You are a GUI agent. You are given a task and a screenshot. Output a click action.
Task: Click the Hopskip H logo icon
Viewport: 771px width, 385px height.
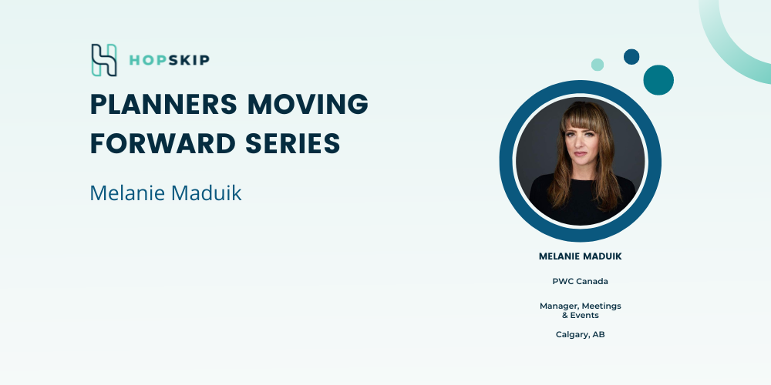point(104,60)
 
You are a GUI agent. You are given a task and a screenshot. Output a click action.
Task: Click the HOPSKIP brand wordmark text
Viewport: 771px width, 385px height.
point(169,60)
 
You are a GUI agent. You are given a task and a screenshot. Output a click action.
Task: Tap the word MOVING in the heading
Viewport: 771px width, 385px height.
point(308,104)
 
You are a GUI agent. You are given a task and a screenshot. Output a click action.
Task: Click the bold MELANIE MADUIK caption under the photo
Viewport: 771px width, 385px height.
point(581,256)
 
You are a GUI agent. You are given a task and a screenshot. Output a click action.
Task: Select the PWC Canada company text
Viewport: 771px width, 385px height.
point(581,281)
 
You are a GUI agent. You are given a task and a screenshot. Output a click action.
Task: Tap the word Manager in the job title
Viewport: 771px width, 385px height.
point(559,306)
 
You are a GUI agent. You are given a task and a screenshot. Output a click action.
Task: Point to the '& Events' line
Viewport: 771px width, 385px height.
point(581,315)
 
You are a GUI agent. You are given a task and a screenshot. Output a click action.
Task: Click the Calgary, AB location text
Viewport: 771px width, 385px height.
point(581,334)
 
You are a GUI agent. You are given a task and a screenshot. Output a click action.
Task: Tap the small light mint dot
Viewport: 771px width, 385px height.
point(598,65)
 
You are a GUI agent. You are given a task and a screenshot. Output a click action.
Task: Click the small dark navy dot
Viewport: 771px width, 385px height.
point(631,56)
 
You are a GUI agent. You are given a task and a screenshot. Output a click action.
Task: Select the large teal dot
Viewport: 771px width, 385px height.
point(658,80)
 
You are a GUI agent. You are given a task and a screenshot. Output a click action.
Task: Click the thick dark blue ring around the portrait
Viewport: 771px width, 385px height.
point(507,161)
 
